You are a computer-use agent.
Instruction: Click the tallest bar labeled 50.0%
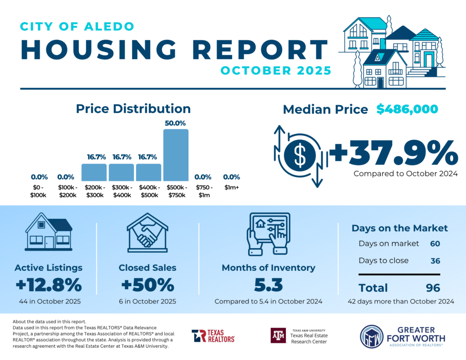pyautogui.click(x=176, y=155)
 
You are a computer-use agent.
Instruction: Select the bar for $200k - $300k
pyautogui.click(x=94, y=172)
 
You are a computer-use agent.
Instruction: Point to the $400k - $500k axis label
pyautogui.click(x=148, y=192)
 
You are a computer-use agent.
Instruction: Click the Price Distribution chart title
pyautogui.click(x=133, y=109)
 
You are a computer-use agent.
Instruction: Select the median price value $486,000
pyautogui.click(x=407, y=109)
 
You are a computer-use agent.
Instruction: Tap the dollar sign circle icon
pyautogui.click(x=300, y=156)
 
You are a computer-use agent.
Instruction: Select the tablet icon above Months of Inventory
pyautogui.click(x=268, y=233)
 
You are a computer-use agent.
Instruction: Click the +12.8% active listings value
pyautogui.click(x=48, y=285)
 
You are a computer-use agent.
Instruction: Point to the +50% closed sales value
pyautogui.click(x=147, y=285)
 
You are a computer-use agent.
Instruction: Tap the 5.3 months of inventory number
pyautogui.click(x=268, y=285)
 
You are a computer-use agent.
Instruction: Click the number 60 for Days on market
pyautogui.click(x=435, y=243)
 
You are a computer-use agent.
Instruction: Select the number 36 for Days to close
pyautogui.click(x=435, y=261)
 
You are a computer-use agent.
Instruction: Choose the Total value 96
pyautogui.click(x=433, y=288)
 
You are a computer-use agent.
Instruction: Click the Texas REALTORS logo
pyautogui.click(x=213, y=336)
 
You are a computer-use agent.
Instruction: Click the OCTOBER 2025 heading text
pyautogui.click(x=276, y=71)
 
